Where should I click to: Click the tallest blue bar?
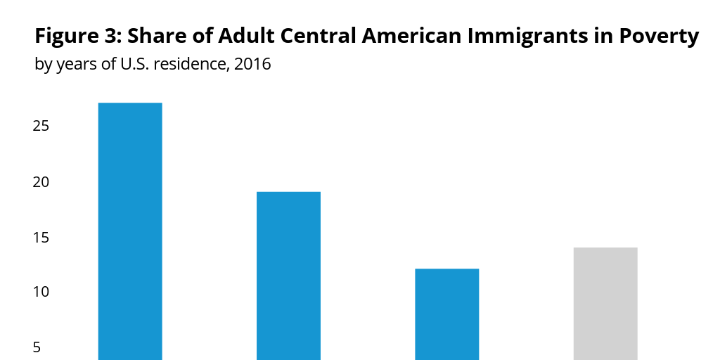(130, 231)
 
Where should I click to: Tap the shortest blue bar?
(447, 314)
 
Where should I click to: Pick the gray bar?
(605, 303)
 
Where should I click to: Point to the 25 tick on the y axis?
(40, 127)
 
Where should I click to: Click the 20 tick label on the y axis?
(40, 182)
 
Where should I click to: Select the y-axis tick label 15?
(40, 237)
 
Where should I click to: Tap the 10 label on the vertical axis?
(40, 292)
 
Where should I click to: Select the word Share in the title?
(153, 36)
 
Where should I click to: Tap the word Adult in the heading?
(238, 36)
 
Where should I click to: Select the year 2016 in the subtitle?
(252, 65)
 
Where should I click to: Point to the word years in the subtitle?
(75, 65)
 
